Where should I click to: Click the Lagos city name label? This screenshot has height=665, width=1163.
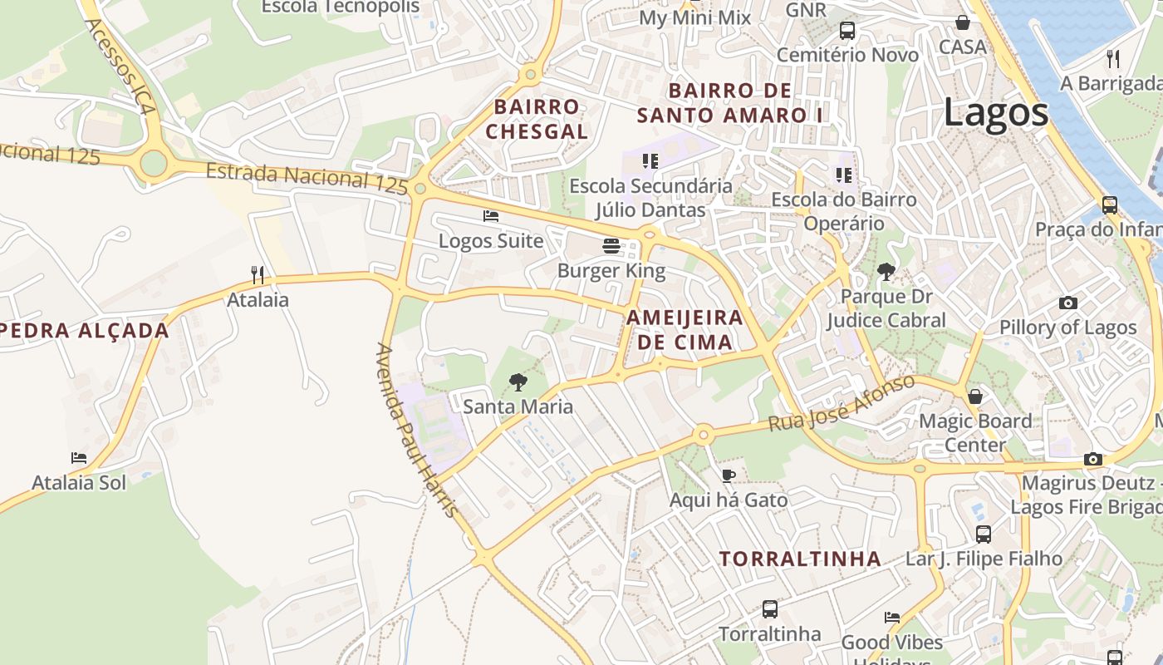[995, 113]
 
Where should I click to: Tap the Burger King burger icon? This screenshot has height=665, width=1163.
[611, 246]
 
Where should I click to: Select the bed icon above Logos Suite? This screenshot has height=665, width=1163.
[491, 216]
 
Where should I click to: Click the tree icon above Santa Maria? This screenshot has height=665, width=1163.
[518, 382]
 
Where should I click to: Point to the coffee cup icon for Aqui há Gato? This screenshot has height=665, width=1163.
[729, 475]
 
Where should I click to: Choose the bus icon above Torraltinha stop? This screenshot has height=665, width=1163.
[770, 609]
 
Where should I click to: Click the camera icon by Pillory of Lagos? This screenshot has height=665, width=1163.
[1068, 303]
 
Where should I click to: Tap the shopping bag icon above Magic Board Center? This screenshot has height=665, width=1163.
[975, 397]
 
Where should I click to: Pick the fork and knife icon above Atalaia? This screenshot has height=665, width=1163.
[258, 274]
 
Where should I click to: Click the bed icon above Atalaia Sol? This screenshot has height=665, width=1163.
[79, 458]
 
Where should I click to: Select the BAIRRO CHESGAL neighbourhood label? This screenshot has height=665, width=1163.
[537, 119]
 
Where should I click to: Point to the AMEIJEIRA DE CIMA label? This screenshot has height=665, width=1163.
[685, 329]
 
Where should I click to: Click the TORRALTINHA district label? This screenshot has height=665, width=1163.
[800, 559]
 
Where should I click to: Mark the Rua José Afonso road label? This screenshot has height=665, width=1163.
[841, 403]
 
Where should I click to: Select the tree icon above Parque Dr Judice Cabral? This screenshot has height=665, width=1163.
[886, 270]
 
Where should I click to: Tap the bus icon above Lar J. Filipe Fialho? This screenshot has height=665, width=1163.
[984, 534]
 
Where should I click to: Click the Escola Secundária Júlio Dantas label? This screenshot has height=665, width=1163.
[650, 198]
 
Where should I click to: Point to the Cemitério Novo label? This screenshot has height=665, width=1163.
[847, 55]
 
